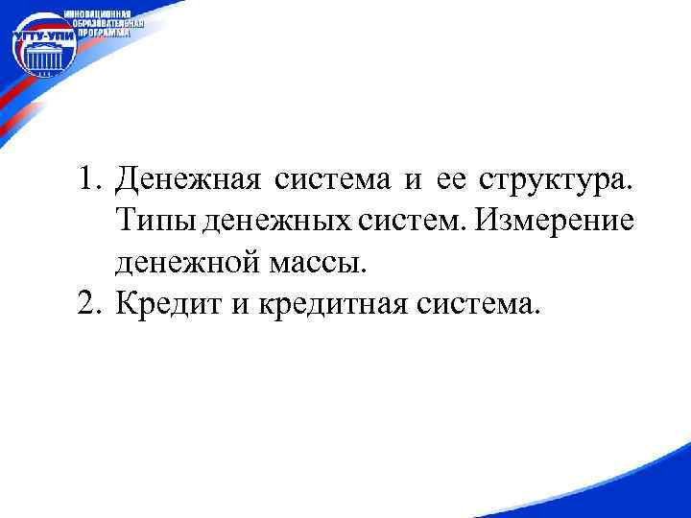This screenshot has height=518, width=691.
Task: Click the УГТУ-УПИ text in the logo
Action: pyautogui.click(x=38, y=42)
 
